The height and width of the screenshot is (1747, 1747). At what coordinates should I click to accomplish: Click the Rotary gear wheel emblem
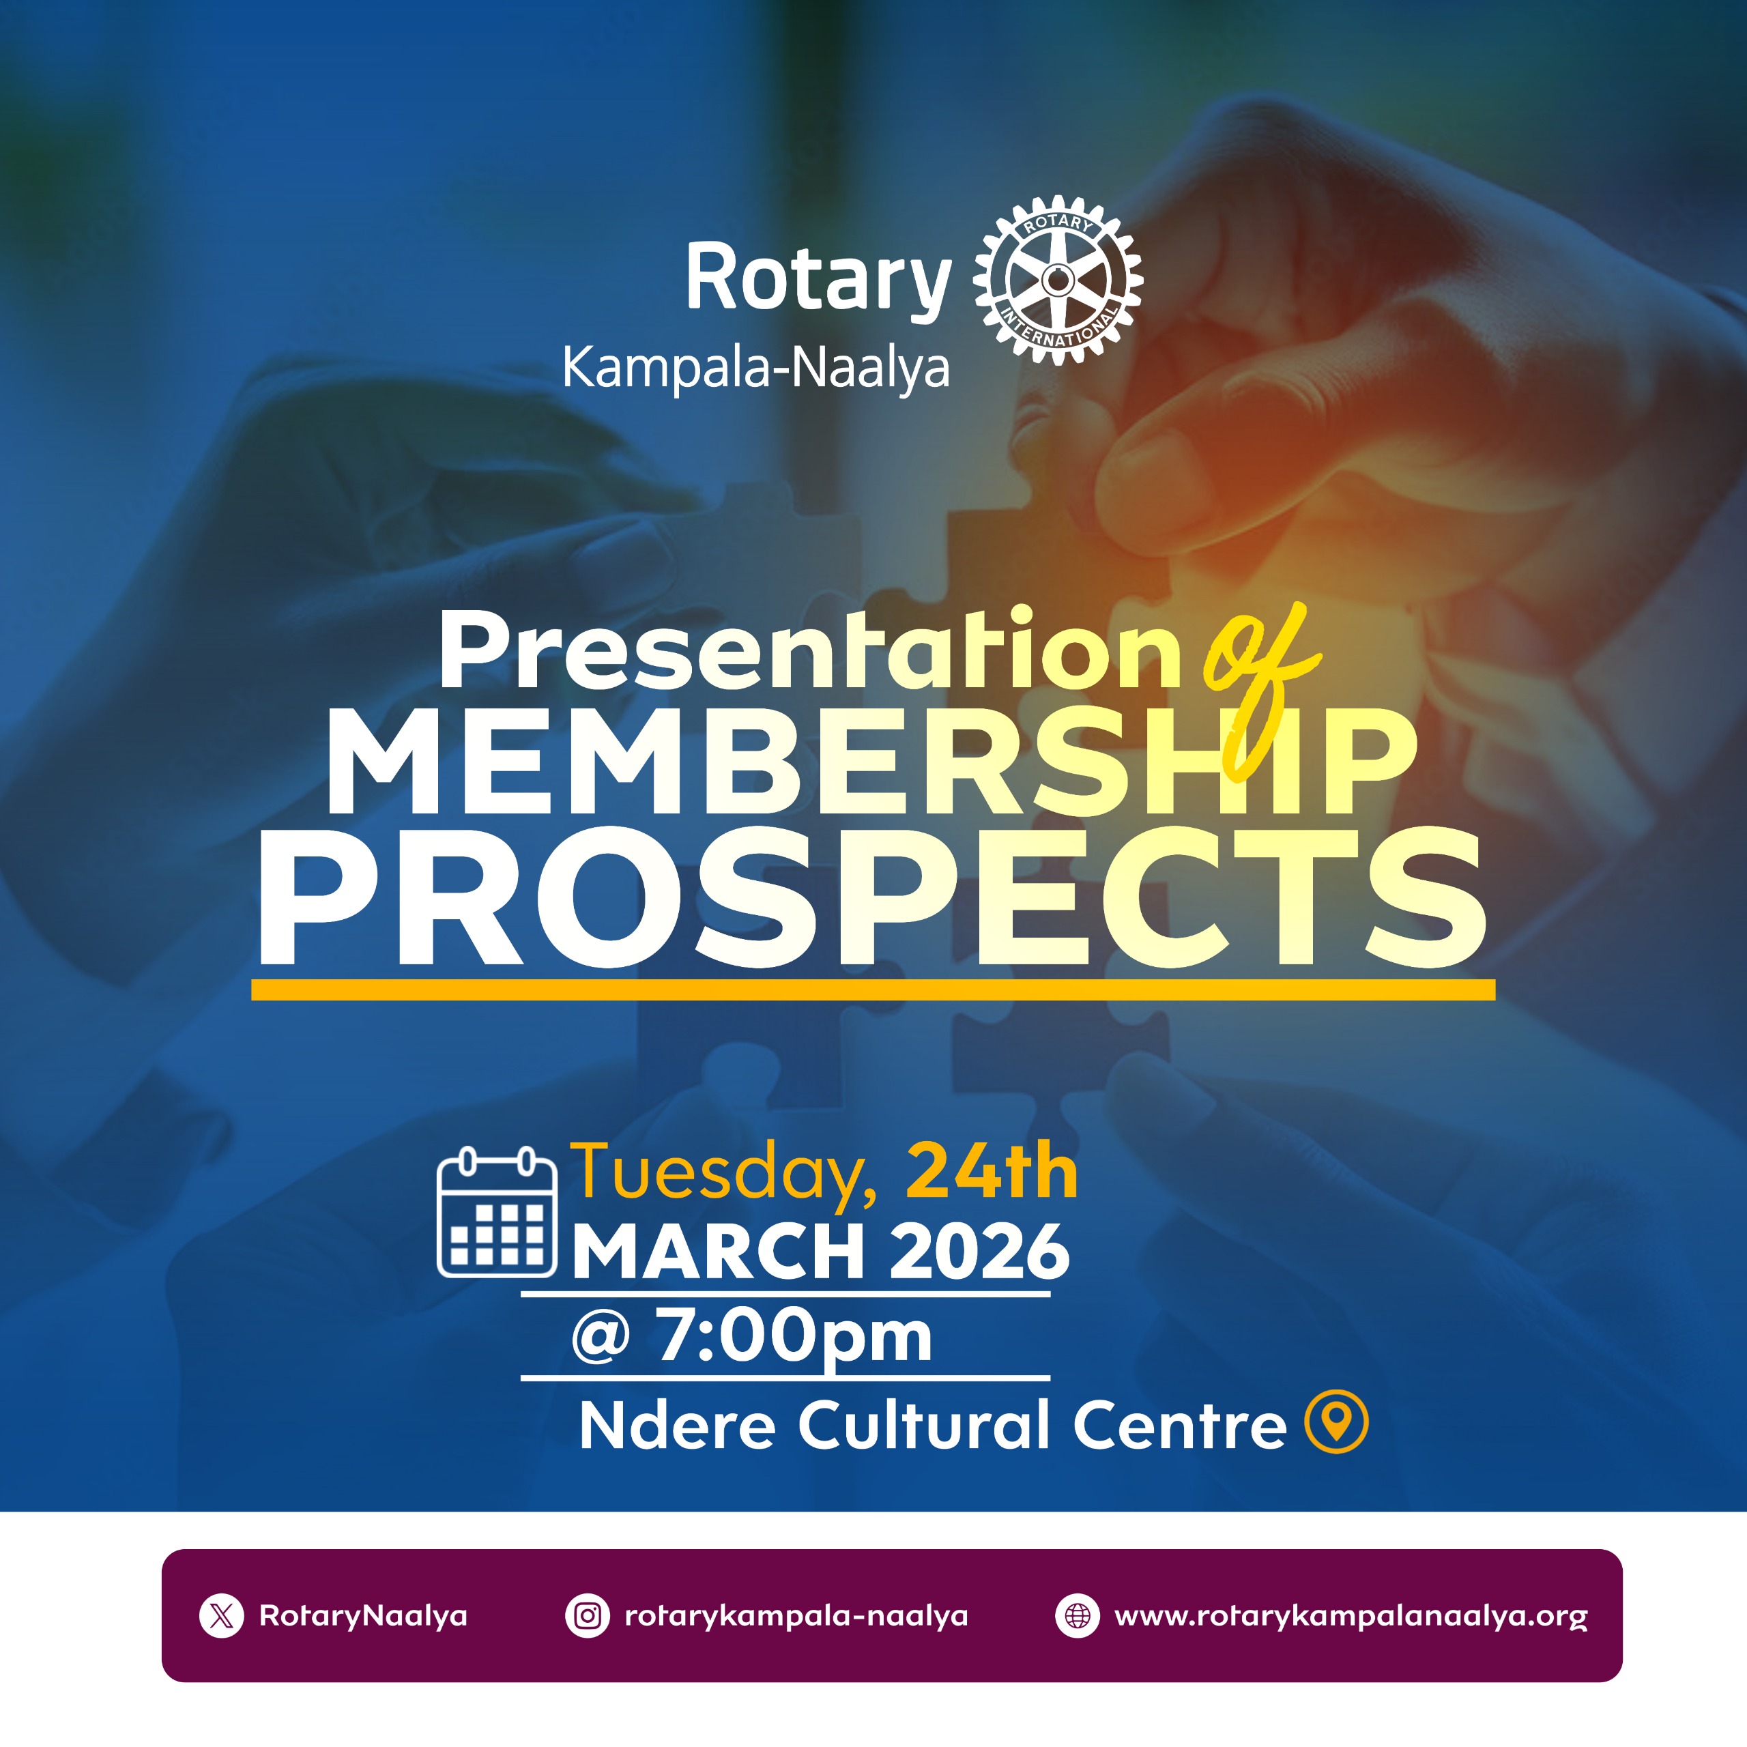[x=1058, y=280]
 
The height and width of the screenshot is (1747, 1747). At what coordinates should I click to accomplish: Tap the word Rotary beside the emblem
[x=818, y=278]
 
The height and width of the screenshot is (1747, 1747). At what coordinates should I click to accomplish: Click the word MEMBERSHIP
[x=871, y=762]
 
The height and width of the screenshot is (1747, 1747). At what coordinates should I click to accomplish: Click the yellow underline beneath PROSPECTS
[x=873, y=990]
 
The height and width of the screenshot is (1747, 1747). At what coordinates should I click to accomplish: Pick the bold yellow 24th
[x=992, y=1171]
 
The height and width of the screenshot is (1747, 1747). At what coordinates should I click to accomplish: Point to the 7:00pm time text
[x=794, y=1336]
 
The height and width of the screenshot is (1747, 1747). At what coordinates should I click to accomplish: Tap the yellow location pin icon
[x=1336, y=1421]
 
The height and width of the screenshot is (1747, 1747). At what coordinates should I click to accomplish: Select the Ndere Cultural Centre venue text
[x=932, y=1425]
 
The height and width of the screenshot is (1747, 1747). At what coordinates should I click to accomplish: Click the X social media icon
[x=222, y=1616]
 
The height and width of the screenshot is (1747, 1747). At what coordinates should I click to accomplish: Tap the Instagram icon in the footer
[x=588, y=1616]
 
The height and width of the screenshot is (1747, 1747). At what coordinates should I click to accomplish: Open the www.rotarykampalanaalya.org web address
[x=1351, y=1617]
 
